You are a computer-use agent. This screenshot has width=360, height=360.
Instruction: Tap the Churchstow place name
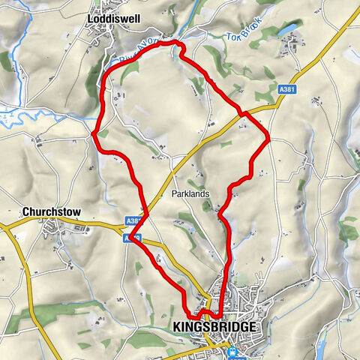(51, 211)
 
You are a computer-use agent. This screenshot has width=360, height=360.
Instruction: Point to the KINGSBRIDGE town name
(214, 328)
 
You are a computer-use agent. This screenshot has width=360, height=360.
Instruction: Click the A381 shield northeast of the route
(286, 90)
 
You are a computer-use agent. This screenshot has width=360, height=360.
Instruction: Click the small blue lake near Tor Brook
(287, 31)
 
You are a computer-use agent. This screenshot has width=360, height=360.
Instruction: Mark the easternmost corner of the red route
(268, 137)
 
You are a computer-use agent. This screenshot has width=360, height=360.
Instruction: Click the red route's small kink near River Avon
(178, 48)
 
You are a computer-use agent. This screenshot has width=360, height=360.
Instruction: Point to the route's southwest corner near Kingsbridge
(188, 315)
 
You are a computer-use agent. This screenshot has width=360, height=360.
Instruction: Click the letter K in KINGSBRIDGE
(177, 328)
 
